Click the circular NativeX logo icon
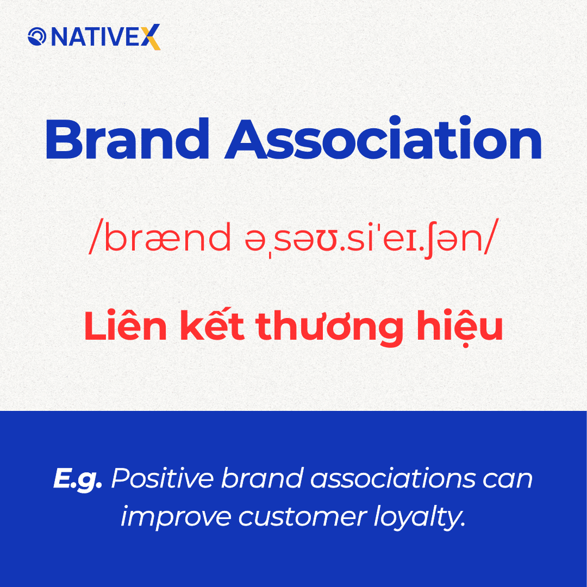point(37,36)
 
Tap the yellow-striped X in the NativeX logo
point(151,37)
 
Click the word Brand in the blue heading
point(127,139)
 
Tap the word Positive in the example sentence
point(163,478)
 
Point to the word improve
point(176,518)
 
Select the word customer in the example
point(303,517)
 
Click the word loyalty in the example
point(420,518)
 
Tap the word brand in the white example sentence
point(262,478)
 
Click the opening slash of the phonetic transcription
point(95,238)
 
